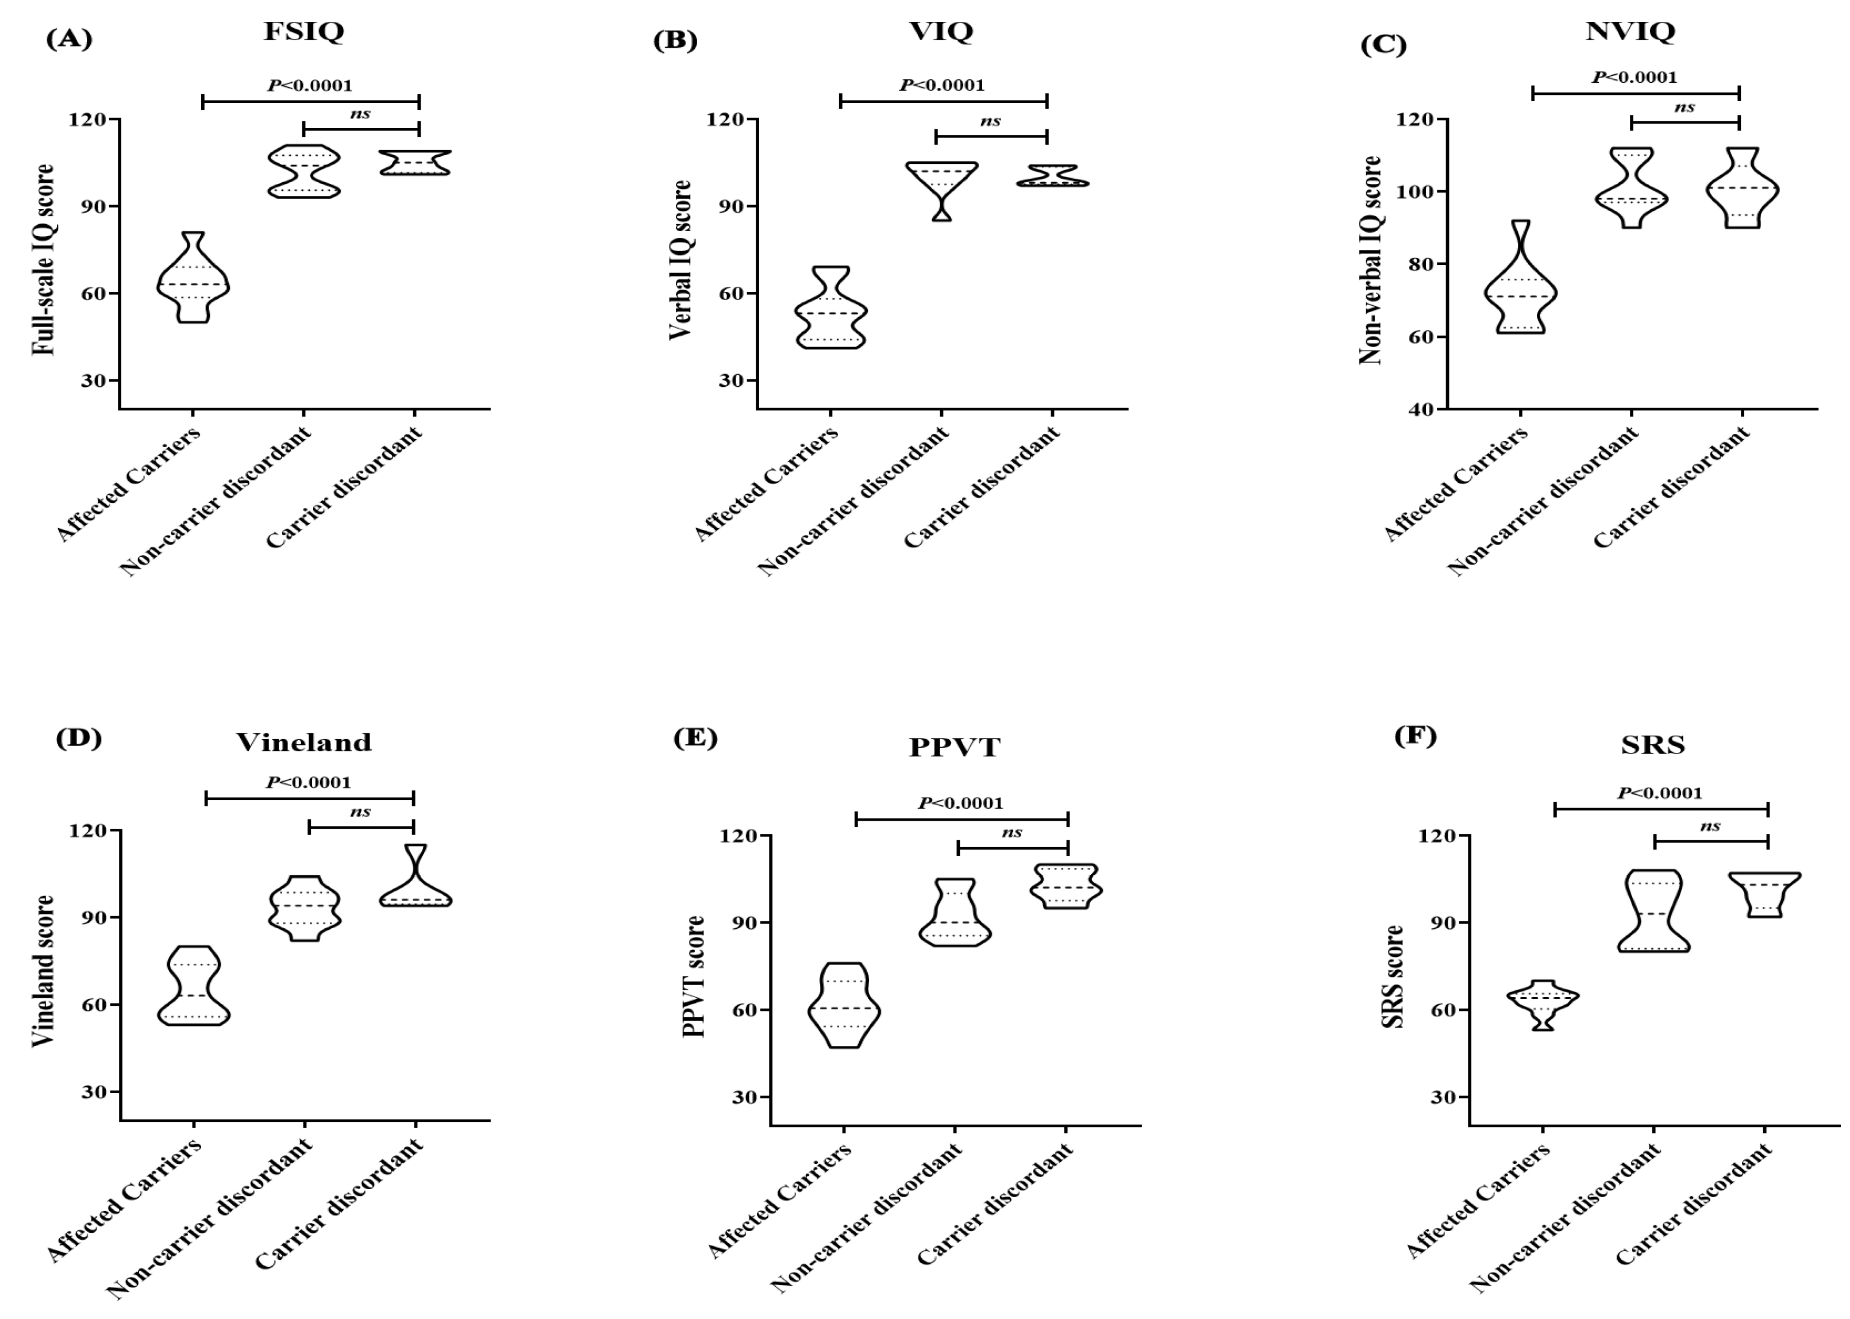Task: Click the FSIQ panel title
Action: pos(303,32)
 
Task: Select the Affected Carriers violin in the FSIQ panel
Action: pos(193,280)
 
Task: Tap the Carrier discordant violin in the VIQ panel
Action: pos(1052,175)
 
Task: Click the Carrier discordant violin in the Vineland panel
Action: pos(415,885)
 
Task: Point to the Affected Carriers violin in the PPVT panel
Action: pos(845,1007)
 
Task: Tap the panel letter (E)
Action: pos(695,739)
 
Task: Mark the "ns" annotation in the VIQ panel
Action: pos(990,121)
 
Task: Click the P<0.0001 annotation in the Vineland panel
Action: pos(309,782)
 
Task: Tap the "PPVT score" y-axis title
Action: pos(694,976)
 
